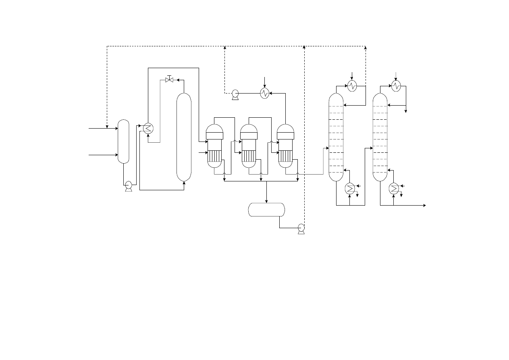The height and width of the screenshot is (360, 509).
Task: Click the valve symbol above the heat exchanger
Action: (x=169, y=80)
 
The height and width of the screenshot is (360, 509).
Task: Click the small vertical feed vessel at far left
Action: (x=123, y=141)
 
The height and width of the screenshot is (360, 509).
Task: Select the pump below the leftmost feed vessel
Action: (x=129, y=185)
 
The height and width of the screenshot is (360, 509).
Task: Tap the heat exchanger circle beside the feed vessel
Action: (x=148, y=128)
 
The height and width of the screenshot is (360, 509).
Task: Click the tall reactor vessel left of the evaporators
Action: (x=184, y=137)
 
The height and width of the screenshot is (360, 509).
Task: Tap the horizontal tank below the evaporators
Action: (x=266, y=210)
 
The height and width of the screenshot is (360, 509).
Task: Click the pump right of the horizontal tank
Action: (x=301, y=228)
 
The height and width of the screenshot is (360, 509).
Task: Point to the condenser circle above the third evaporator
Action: (x=264, y=94)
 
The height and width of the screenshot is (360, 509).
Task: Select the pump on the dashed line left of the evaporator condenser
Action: (x=235, y=94)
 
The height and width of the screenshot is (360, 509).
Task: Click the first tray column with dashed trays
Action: (x=336, y=137)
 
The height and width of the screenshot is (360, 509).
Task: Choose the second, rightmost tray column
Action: (x=380, y=137)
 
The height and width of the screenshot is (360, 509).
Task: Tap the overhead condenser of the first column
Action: (x=352, y=86)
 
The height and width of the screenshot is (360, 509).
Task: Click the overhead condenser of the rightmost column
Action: (x=396, y=86)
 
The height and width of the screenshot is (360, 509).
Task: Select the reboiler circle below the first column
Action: (x=349, y=188)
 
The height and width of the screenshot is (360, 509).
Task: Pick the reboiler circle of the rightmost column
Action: (x=393, y=188)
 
